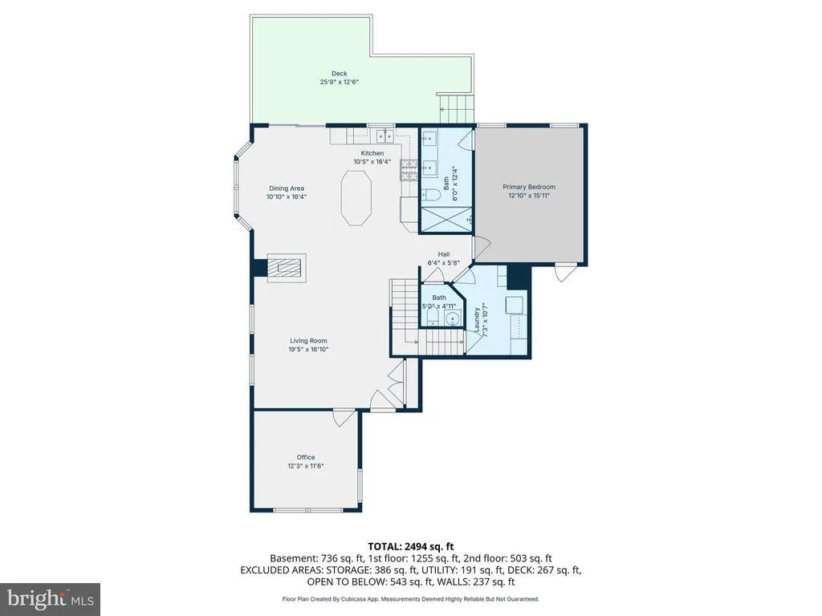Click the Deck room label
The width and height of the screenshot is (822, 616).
tap(340, 74)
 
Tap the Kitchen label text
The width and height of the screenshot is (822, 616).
tap(372, 153)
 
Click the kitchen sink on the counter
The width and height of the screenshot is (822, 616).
tap(385, 136)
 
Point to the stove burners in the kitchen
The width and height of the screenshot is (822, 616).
tap(409, 169)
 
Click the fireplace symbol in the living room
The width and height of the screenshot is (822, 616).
tap(287, 268)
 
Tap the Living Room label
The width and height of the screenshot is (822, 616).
tap(308, 341)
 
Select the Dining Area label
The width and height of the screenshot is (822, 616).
tap(287, 188)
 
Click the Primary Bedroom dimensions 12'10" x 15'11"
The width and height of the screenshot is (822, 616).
tap(529, 196)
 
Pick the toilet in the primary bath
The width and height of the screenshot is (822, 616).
tap(431, 195)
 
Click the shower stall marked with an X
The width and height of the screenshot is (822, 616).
tap(446, 220)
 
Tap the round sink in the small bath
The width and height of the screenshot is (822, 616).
tap(453, 318)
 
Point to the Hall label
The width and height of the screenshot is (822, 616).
tap(444, 254)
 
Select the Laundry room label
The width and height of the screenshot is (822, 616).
tap(477, 319)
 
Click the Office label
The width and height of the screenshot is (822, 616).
tap(306, 457)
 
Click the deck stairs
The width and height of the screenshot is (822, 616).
tap(456, 108)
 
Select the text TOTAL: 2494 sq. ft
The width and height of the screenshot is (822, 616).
tap(411, 547)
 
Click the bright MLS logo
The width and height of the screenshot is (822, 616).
tap(51, 599)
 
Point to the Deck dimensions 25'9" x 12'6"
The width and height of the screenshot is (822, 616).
tap(340, 83)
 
